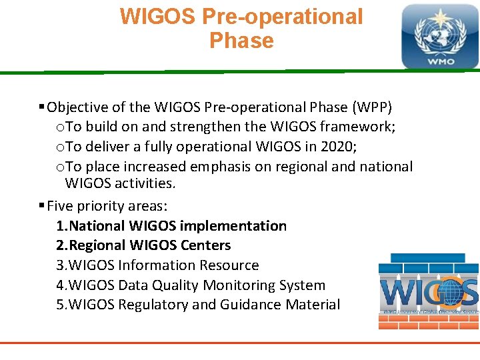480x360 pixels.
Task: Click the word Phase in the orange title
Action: point(241,41)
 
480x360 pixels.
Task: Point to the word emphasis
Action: point(221,167)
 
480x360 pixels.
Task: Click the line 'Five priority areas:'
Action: point(107,206)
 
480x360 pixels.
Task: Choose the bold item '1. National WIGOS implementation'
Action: point(171,226)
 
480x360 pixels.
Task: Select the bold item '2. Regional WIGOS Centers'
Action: point(143,245)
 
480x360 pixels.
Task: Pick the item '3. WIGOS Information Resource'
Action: point(157,265)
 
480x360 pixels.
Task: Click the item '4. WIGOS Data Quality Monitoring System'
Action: point(191,285)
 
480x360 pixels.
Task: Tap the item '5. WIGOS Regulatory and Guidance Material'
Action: point(198,305)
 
